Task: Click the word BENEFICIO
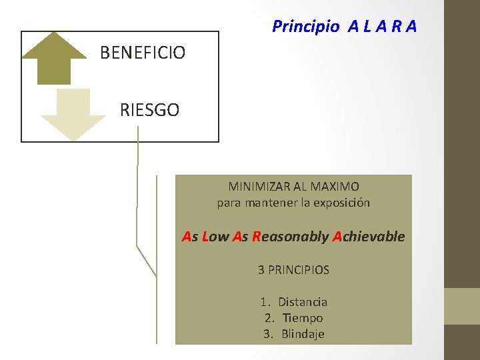(x=143, y=52)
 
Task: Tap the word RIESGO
(x=149, y=110)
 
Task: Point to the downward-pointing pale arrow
(x=73, y=115)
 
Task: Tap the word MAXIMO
(x=335, y=187)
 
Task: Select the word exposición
(x=340, y=202)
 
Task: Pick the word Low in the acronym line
(x=215, y=237)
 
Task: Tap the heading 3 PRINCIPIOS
(x=293, y=270)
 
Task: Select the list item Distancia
(x=303, y=302)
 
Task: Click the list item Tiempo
(x=303, y=318)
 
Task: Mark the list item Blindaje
(x=303, y=334)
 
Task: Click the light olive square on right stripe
(x=462, y=306)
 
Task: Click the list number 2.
(x=268, y=318)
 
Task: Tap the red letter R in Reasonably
(x=257, y=237)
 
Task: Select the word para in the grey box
(x=229, y=203)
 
